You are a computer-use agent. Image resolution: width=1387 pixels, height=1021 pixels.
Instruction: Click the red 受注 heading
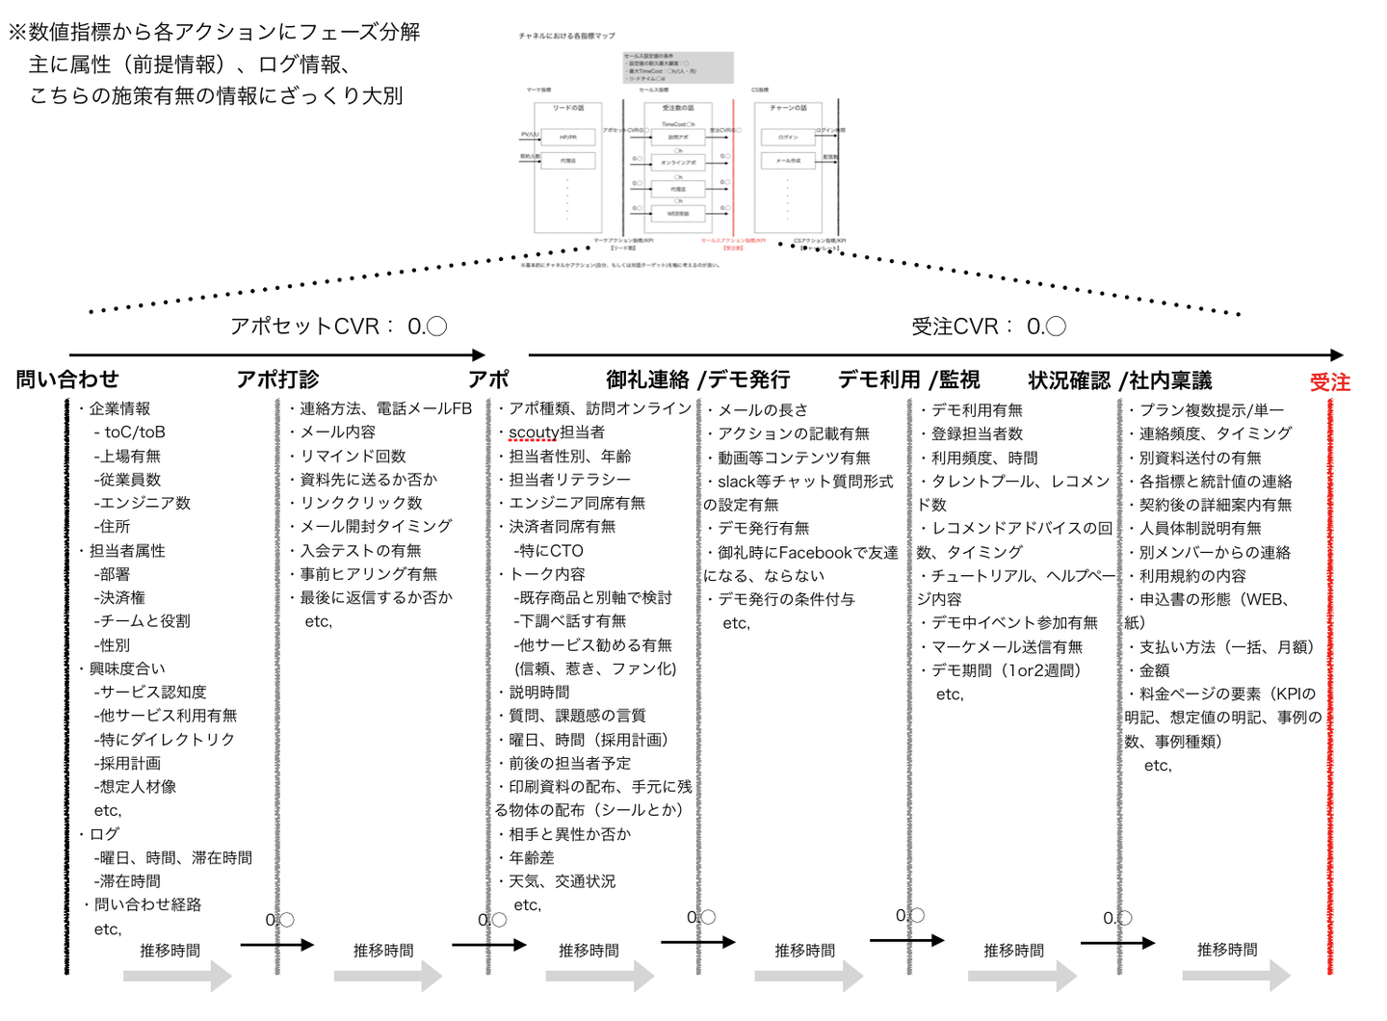pos(1329,382)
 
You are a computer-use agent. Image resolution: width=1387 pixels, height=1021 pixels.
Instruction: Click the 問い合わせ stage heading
pos(67,380)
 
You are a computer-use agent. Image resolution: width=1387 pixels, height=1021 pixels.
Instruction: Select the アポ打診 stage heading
pos(277,380)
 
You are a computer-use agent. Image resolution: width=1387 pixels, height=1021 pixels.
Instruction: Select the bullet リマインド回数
pos(353,457)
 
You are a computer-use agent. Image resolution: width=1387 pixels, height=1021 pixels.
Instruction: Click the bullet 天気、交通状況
pos(562,881)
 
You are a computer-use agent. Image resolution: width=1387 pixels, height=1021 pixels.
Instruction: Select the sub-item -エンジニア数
pos(143,503)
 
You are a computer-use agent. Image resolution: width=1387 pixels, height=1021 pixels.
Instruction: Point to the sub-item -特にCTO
pos(548,551)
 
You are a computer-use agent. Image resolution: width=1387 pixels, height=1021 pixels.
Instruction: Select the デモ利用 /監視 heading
pos(908,380)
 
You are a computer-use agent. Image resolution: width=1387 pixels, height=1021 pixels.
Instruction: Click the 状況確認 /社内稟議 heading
pos(1119,380)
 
